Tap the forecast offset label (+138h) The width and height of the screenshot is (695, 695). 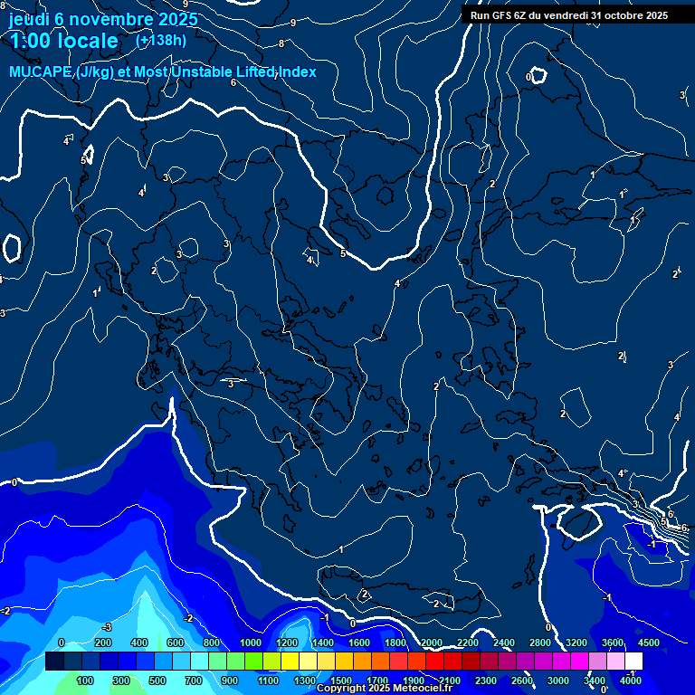coord(161,40)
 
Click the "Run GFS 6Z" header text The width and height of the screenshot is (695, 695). coord(507,14)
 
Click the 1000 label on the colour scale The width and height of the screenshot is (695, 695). coord(251,643)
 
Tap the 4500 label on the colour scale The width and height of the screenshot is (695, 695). coord(649,643)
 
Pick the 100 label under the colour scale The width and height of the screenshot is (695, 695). coord(86,681)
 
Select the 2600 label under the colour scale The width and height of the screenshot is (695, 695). coord(522,681)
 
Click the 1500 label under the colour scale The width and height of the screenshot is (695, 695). coord(341,681)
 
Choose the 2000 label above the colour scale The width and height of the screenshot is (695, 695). coord(432,643)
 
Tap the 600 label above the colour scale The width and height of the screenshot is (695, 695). coord(176,643)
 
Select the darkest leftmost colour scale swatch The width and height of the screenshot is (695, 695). coord(54,662)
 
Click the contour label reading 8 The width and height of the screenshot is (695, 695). coord(281,43)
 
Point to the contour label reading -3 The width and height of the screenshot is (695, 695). coord(106,626)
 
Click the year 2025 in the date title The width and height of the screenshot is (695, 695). coord(177,19)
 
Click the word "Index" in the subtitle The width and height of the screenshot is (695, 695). coord(298,71)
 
